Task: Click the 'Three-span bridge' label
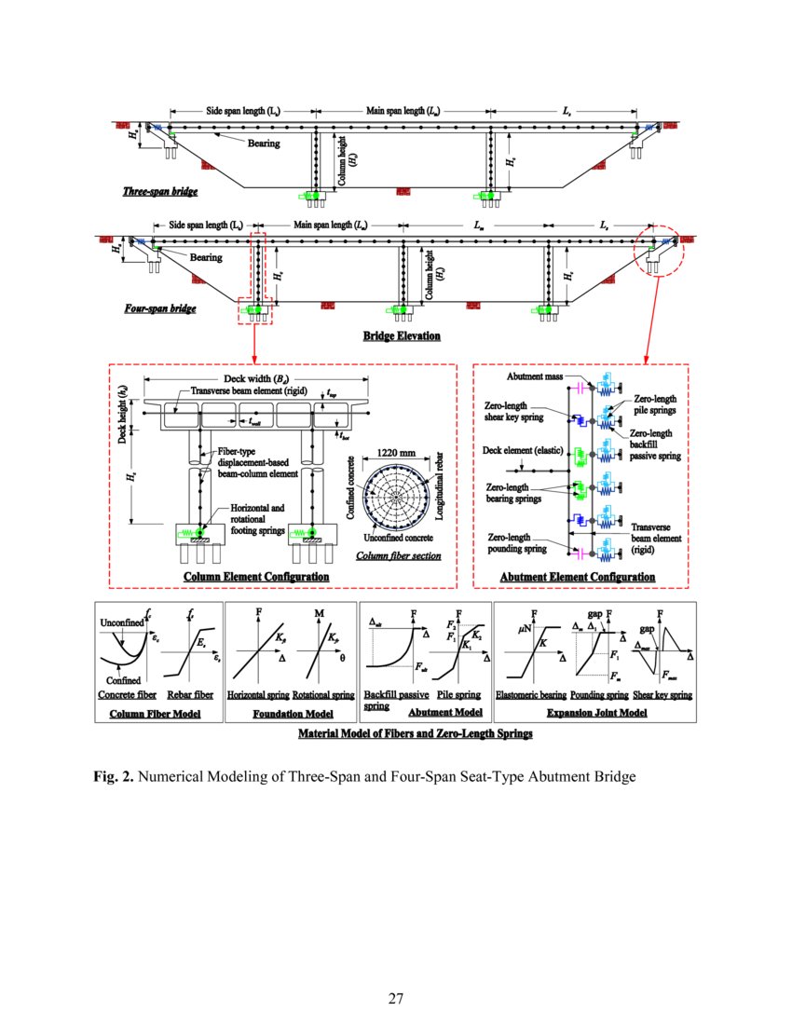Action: tap(159, 192)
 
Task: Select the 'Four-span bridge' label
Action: tap(159, 308)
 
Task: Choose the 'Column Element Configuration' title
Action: tap(256, 577)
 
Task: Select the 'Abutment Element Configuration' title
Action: tap(578, 577)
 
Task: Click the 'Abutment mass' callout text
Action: tap(534, 376)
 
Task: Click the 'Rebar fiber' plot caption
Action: tap(190, 695)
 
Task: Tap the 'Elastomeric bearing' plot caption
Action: tap(529, 695)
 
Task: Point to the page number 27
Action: tap(396, 1000)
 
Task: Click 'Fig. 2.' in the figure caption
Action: tap(113, 776)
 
